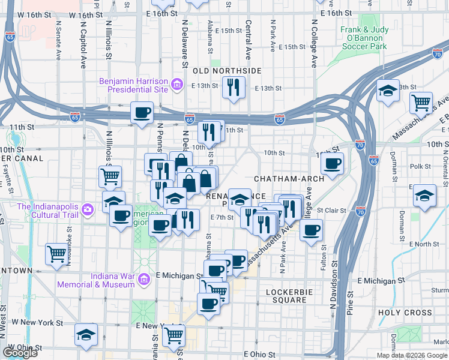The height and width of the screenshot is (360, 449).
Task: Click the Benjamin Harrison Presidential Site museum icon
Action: tap(177, 85)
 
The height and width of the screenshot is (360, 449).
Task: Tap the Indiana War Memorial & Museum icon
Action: tap(144, 280)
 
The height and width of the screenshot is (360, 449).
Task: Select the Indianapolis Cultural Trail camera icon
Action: tap(88, 209)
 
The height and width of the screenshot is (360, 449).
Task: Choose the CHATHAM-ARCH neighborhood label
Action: tap(289, 179)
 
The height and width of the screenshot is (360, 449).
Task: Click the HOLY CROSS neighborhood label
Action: tap(405, 313)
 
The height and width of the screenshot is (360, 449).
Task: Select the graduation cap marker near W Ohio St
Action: tap(86, 334)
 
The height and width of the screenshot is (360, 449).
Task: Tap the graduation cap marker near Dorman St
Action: tap(425, 196)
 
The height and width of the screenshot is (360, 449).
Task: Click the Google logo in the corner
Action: tap(20, 353)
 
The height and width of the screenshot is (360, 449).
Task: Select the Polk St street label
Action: tap(420, 166)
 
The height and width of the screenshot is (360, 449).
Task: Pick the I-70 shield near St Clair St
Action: tap(360, 211)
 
